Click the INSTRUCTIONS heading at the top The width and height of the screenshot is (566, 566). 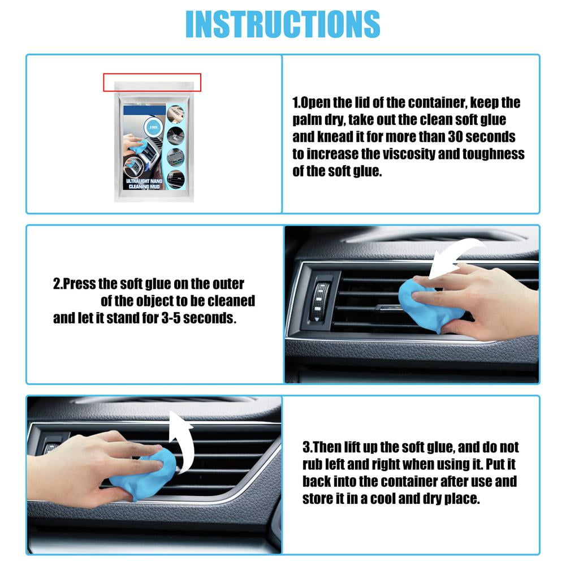(283, 24)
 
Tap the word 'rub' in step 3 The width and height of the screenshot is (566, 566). (313, 465)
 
